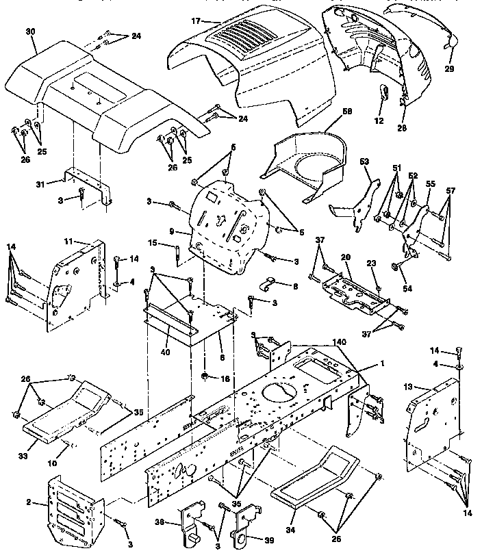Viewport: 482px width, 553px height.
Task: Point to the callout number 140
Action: click(339, 341)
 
